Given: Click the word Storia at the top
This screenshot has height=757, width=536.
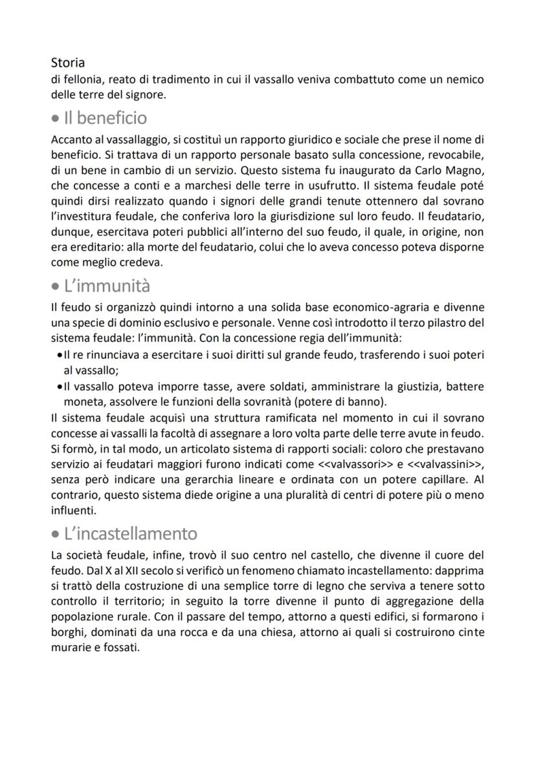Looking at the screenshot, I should click(67, 63).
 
